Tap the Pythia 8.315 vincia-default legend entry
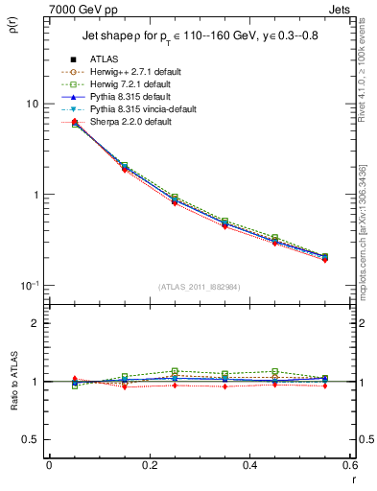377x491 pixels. click(141, 109)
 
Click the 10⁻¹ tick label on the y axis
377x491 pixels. click(31, 285)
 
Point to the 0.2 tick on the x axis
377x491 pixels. click(150, 465)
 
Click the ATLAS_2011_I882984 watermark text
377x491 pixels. click(200, 287)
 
